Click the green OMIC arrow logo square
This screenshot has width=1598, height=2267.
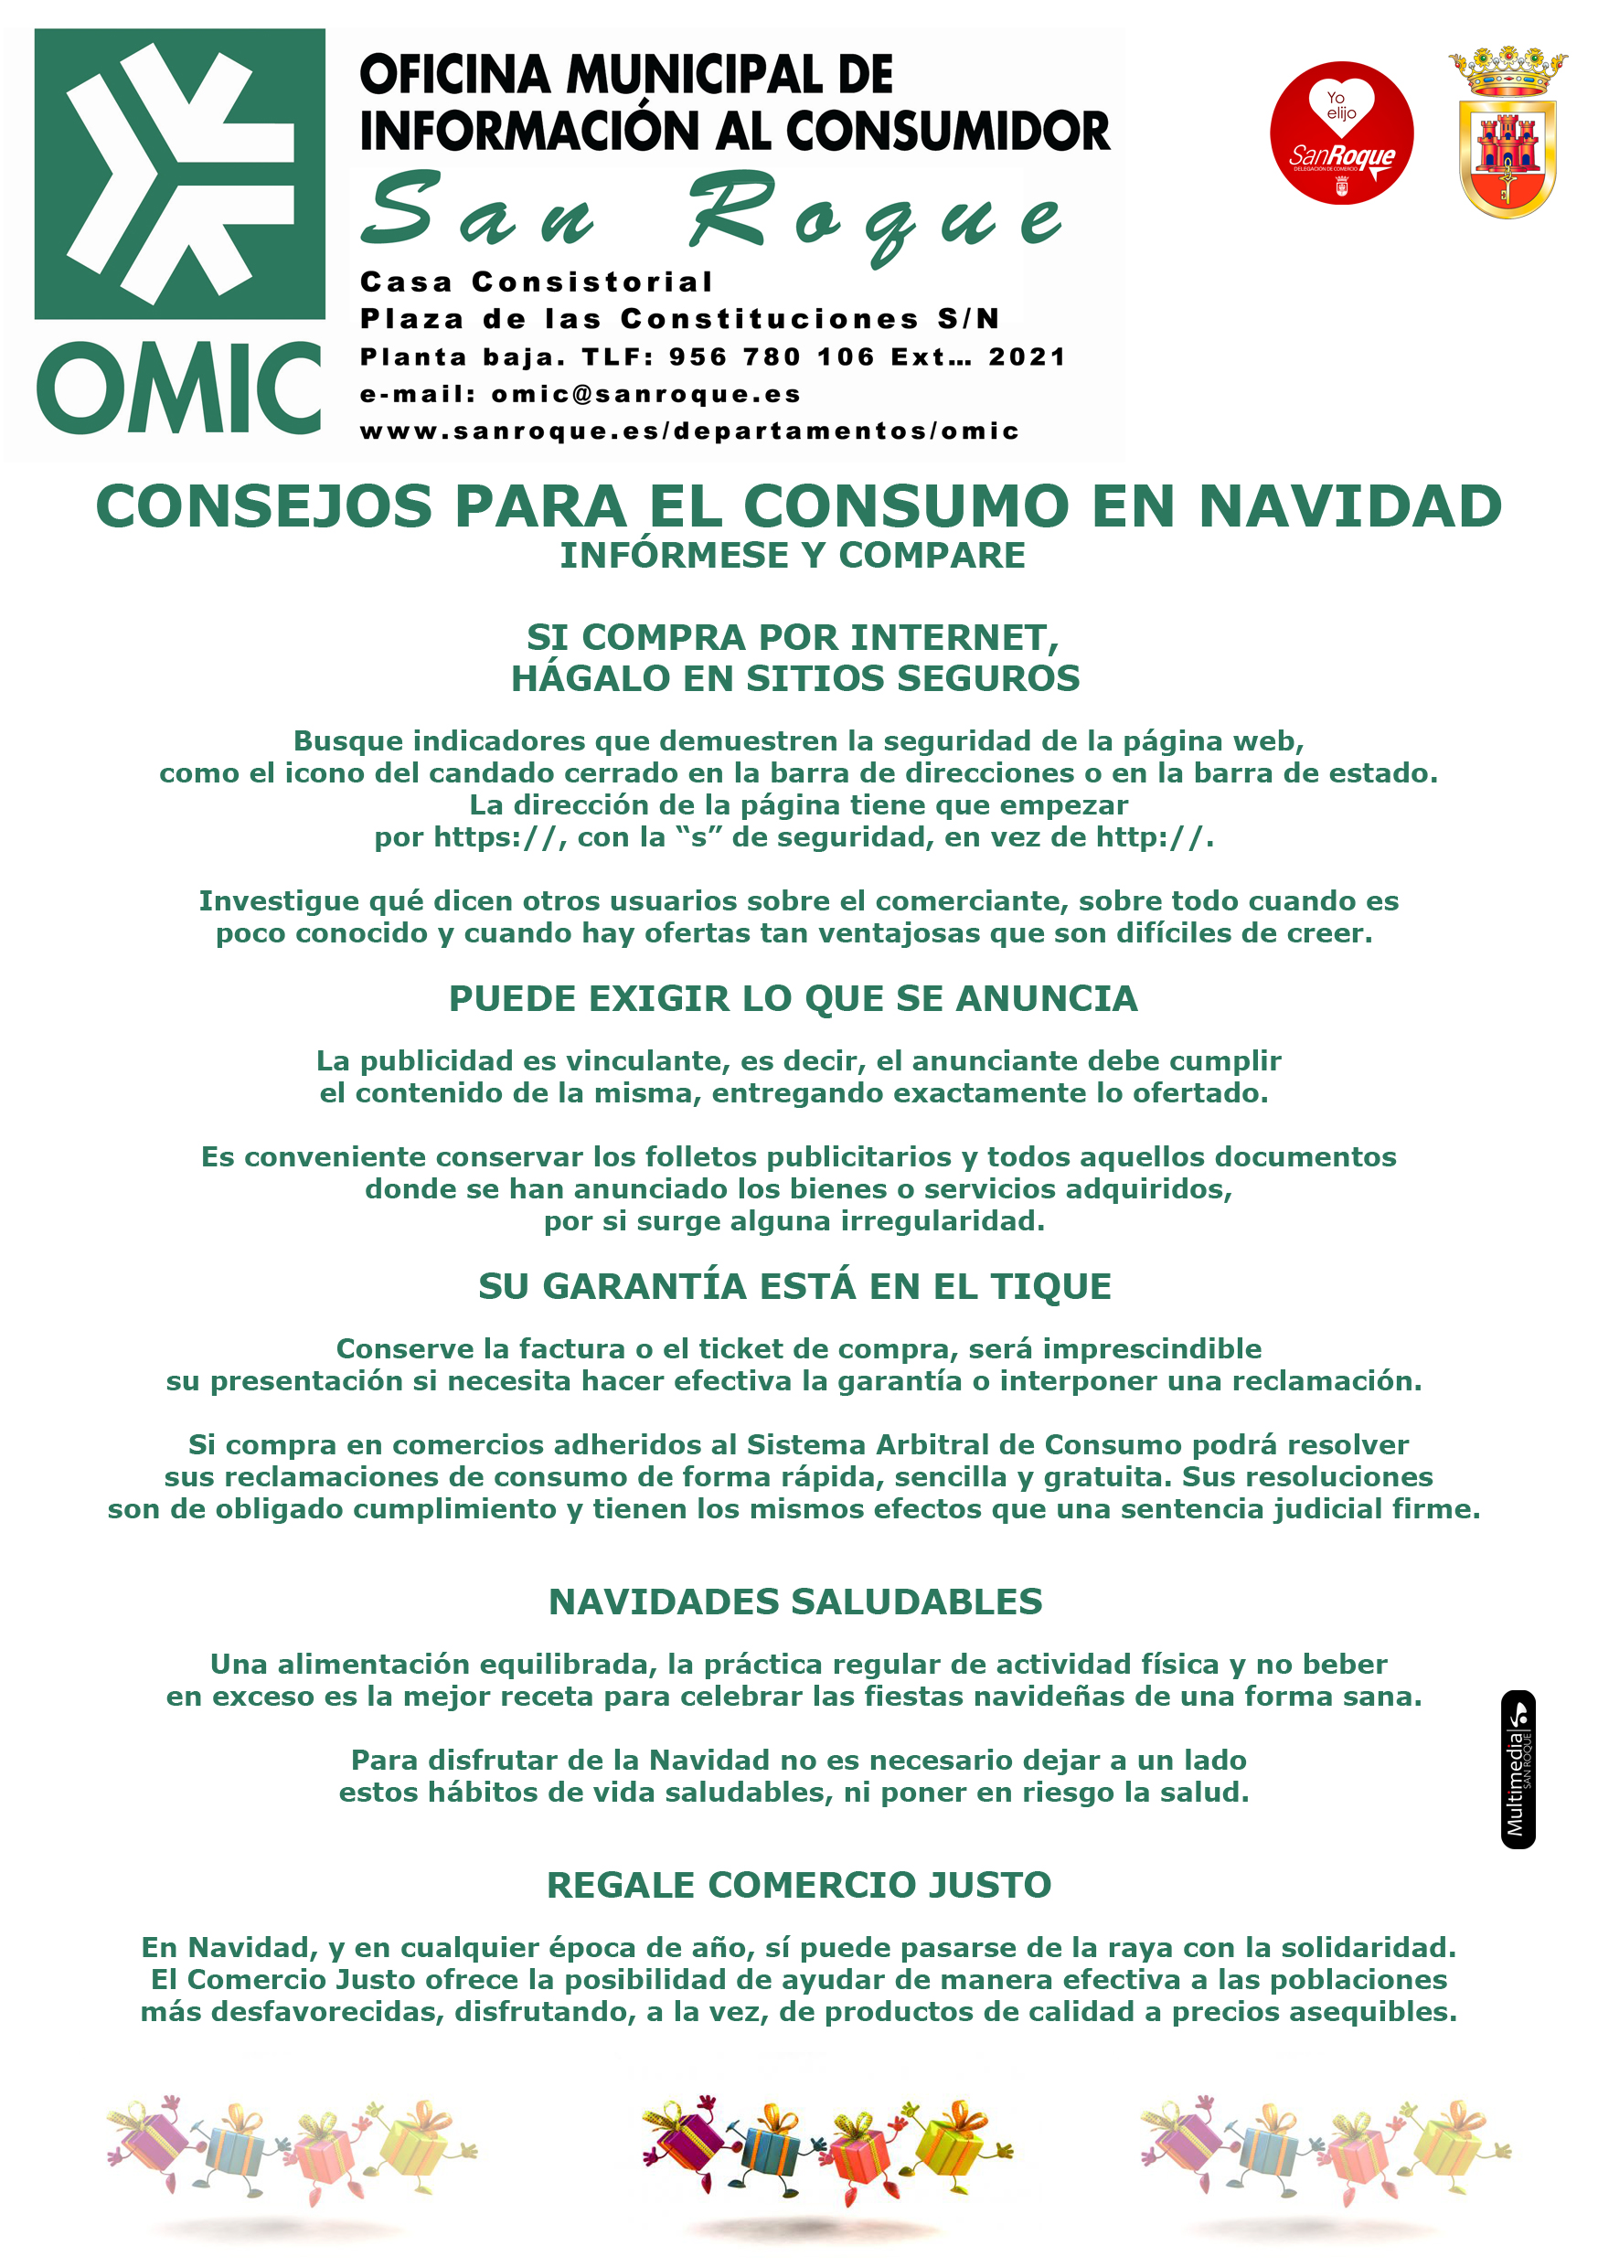[180, 174]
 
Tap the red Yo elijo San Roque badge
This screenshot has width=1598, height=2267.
[1340, 133]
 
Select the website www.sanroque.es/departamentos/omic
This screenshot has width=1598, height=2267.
[688, 431]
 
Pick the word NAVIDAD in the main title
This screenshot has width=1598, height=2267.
[1349, 506]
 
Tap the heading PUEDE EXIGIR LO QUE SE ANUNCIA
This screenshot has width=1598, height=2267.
[794, 998]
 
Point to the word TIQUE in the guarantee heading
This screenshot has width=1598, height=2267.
[1050, 1286]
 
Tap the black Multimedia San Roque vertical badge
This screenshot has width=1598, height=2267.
[1517, 1769]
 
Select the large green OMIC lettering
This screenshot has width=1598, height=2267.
[179, 388]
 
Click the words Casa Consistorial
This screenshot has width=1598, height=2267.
[536, 282]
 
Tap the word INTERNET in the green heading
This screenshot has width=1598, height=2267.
[953, 638]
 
